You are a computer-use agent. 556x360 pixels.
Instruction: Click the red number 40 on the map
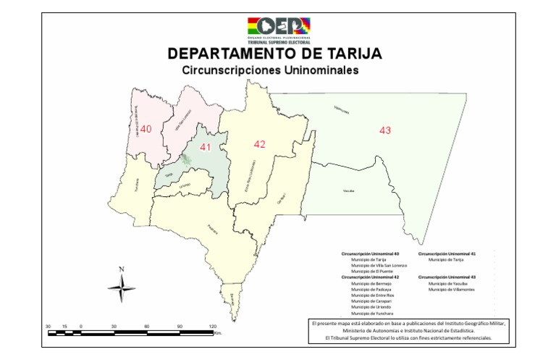[146, 129]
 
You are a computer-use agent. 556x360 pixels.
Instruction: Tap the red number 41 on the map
[206, 147]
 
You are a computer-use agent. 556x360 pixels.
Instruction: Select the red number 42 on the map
[259, 144]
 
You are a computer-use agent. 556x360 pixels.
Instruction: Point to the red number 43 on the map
[385, 130]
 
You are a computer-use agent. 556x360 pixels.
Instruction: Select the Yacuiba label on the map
[349, 191]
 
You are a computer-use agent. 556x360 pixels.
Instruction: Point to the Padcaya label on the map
[212, 230]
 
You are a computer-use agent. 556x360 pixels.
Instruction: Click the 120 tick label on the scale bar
[213, 327]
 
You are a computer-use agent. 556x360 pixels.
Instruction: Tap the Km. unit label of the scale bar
[217, 334]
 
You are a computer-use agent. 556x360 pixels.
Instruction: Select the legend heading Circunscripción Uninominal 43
[452, 277]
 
